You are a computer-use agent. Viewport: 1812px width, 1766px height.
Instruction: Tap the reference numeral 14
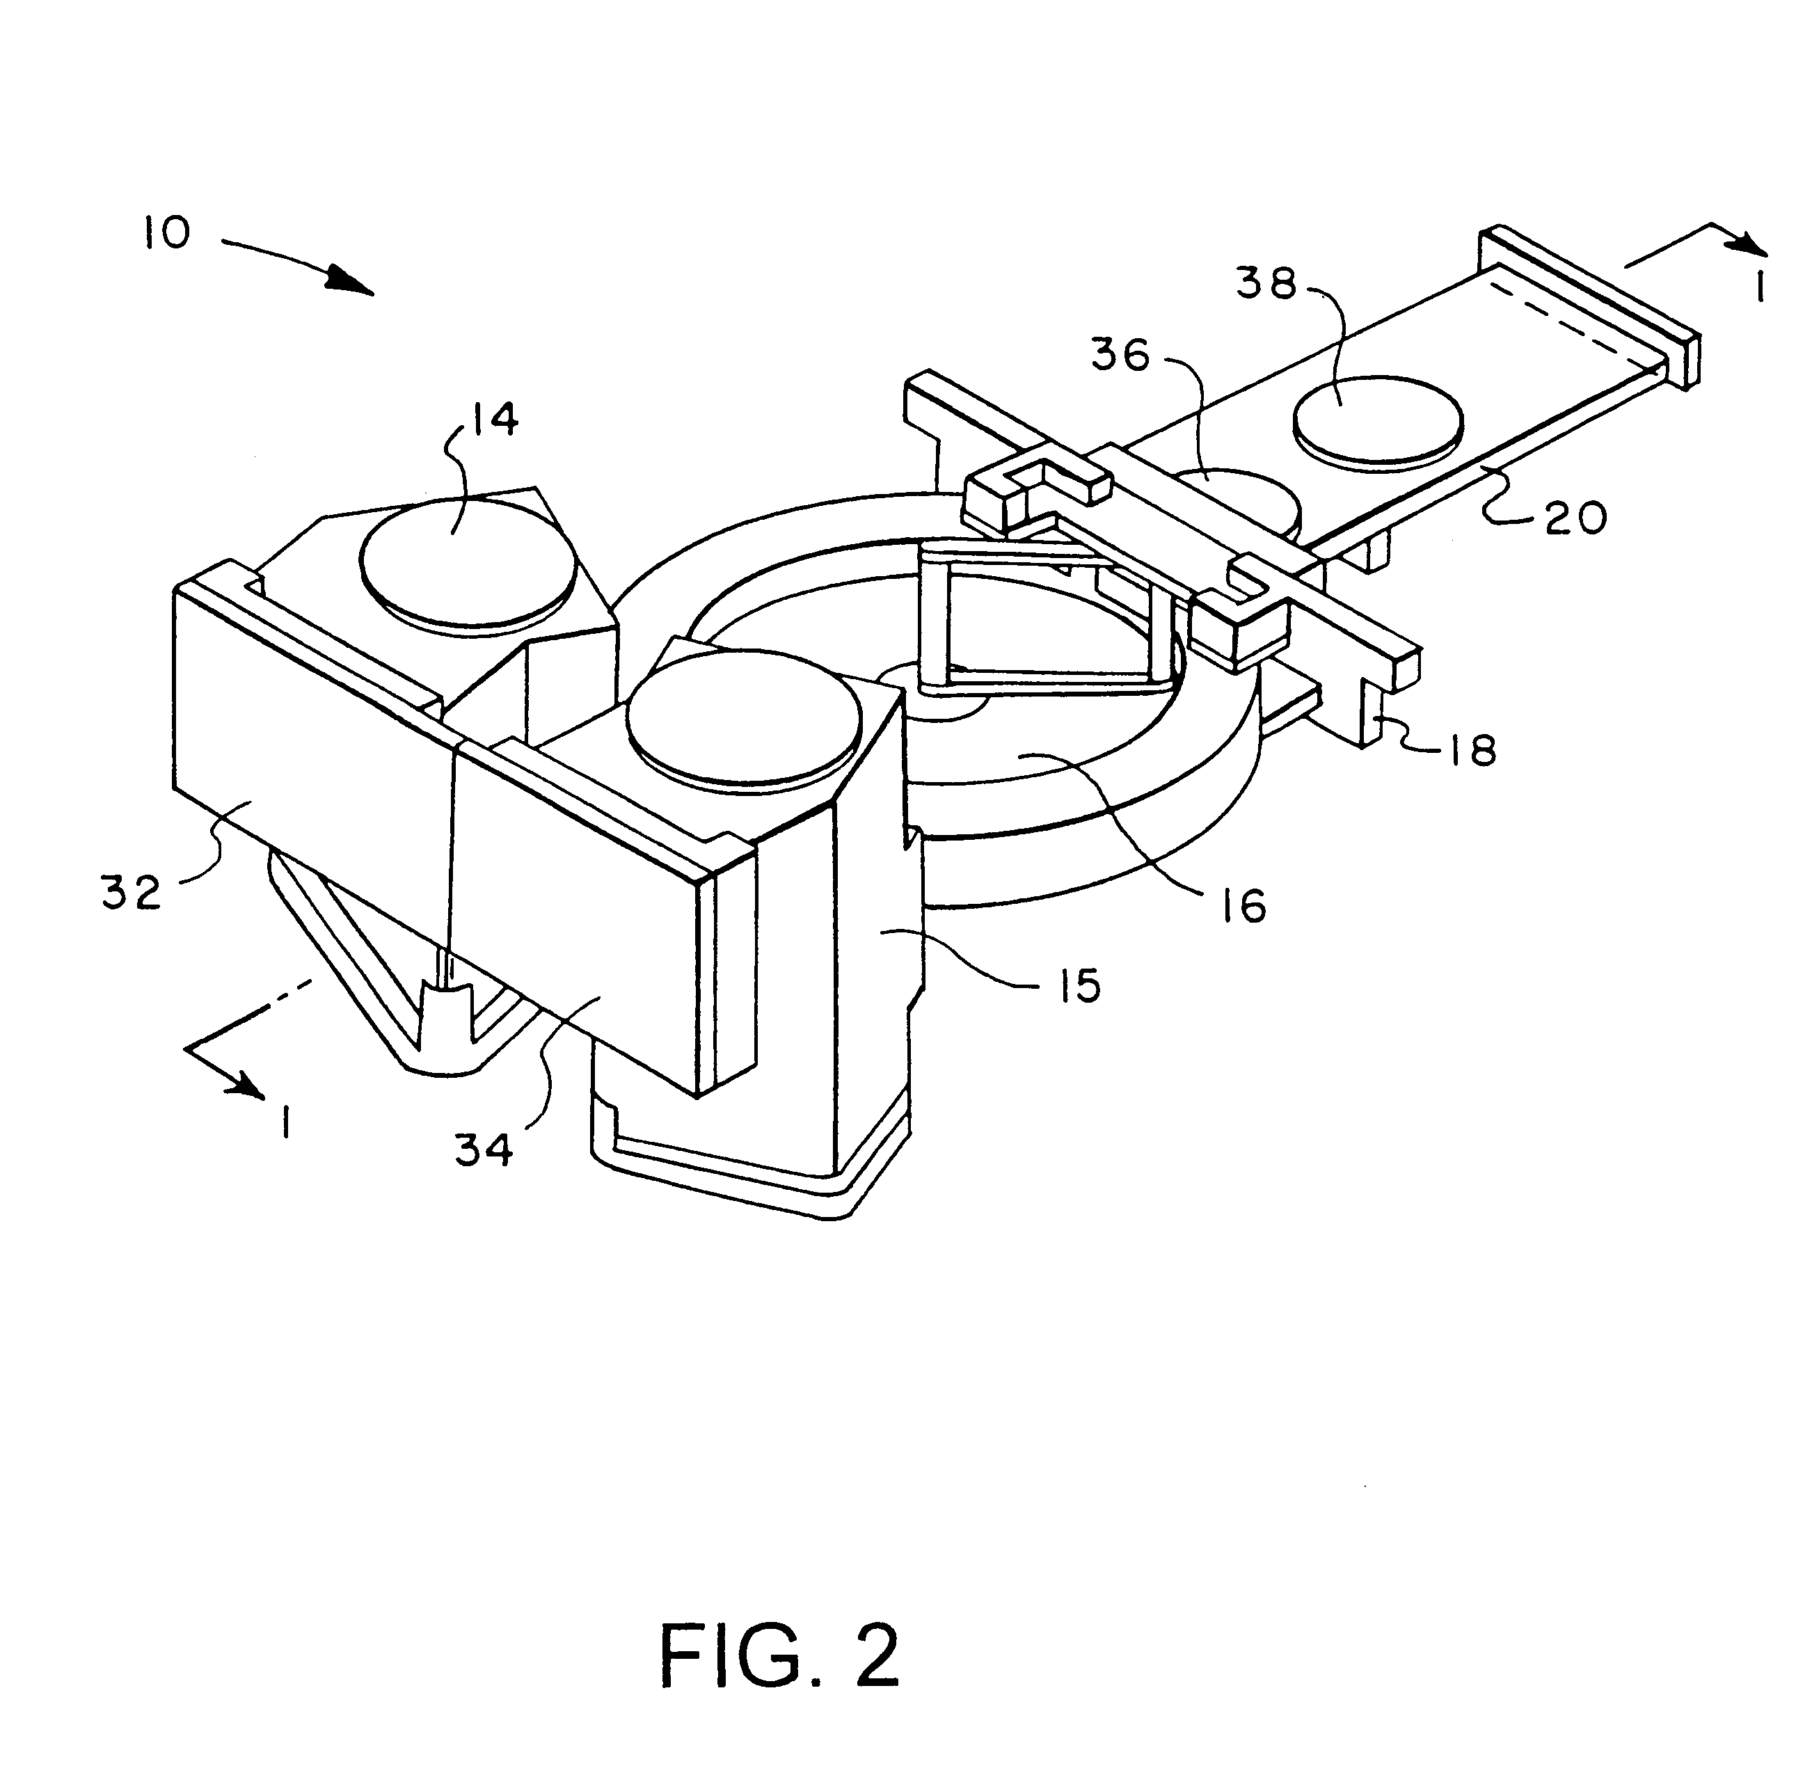click(x=491, y=420)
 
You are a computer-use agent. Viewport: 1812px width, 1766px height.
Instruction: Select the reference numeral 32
click(x=132, y=893)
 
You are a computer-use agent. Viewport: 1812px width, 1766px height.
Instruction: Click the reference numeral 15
click(x=1079, y=985)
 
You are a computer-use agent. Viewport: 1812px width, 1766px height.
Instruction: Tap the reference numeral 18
click(x=1472, y=749)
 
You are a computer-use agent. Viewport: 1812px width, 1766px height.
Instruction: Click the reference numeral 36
click(x=1120, y=353)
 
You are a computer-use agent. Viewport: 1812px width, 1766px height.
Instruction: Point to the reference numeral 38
click(x=1266, y=283)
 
